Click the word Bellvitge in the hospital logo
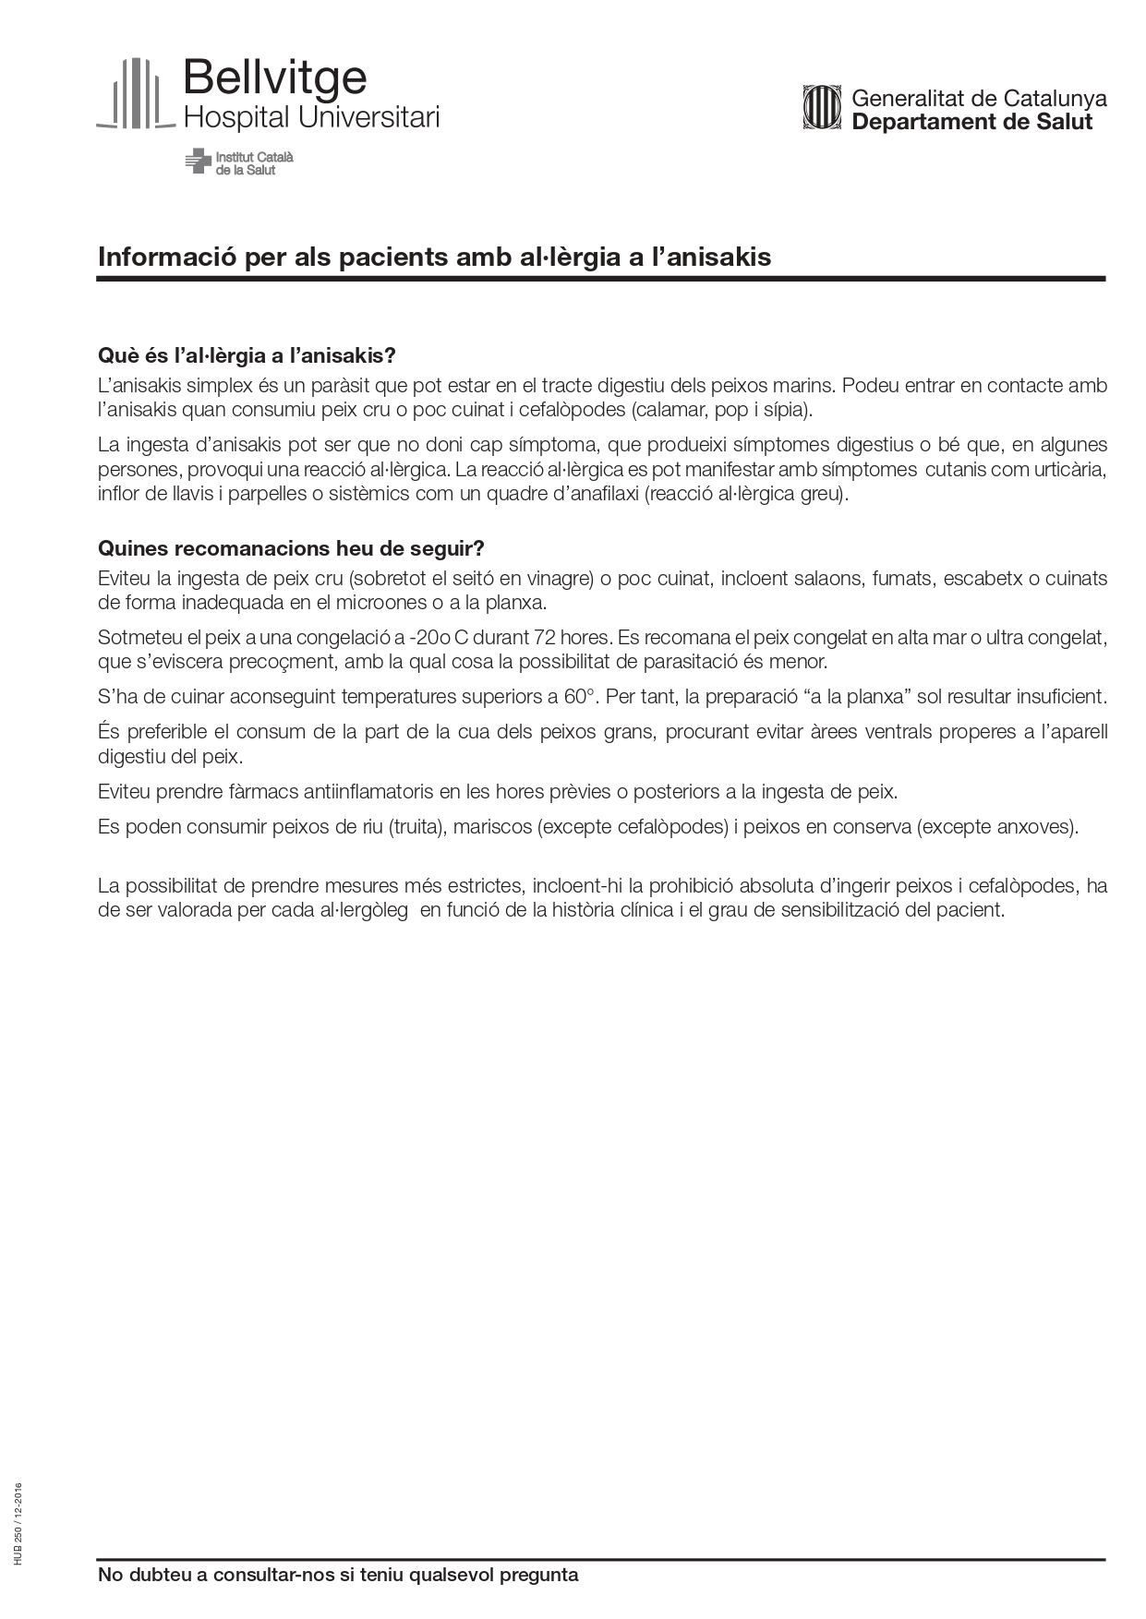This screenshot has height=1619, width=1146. tap(274, 79)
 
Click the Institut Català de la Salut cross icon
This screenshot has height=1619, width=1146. tap(197, 161)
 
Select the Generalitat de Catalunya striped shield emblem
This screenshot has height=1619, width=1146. tap(822, 108)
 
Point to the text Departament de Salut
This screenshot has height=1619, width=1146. tap(971, 122)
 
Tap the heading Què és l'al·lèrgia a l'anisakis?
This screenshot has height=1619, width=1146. tap(247, 355)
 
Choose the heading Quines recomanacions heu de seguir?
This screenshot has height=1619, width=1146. tap(291, 548)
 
